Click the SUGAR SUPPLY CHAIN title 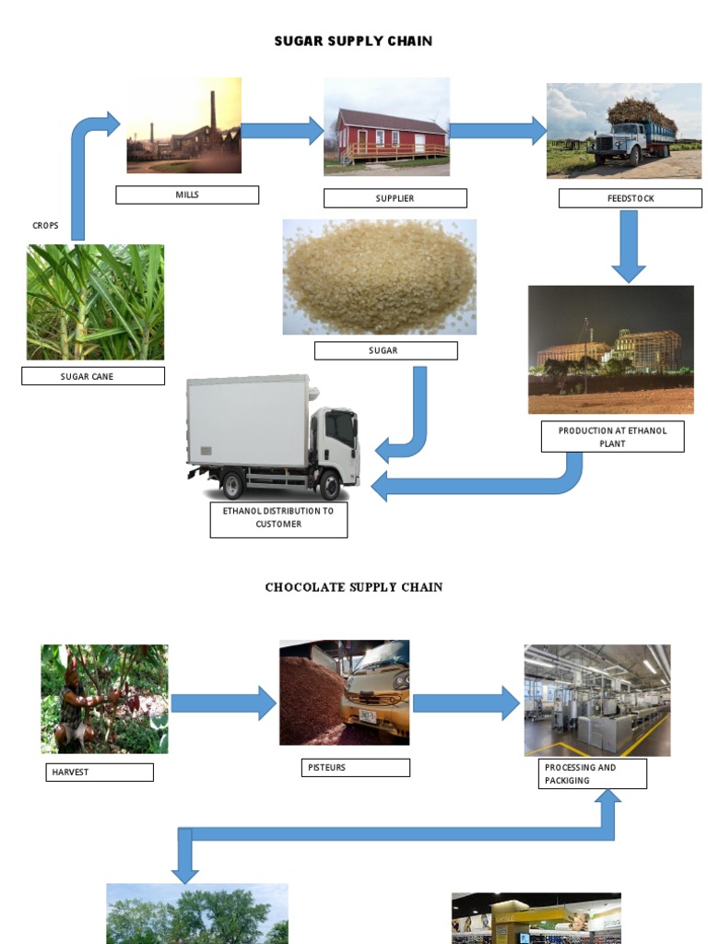click(353, 41)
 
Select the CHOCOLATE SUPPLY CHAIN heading click(354, 587)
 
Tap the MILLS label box click(187, 195)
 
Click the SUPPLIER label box click(395, 198)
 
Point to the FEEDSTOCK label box click(631, 198)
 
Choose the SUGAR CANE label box click(93, 376)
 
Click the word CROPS click(45, 226)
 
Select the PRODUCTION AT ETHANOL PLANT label click(612, 437)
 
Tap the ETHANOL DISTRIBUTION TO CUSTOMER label click(278, 517)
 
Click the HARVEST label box click(100, 772)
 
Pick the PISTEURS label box click(355, 767)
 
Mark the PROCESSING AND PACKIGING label click(593, 773)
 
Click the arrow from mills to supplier click(282, 130)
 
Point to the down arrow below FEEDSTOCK click(629, 244)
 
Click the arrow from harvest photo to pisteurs click(223, 703)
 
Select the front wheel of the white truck click(329, 484)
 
